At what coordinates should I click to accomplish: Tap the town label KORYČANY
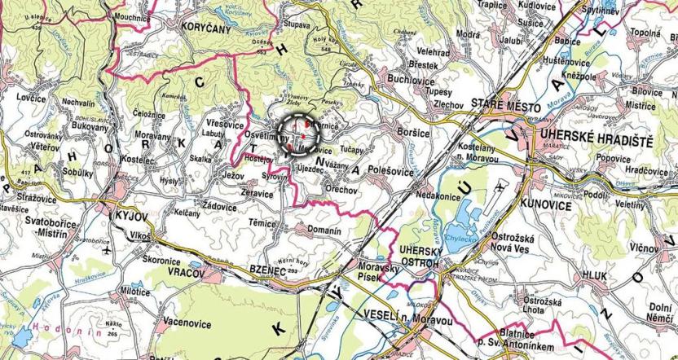coord(205,26)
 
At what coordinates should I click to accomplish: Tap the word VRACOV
coord(186,273)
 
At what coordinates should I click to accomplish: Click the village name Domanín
coord(325,230)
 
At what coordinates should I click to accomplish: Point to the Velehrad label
coord(432,52)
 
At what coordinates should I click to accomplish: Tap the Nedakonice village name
coord(438,196)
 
